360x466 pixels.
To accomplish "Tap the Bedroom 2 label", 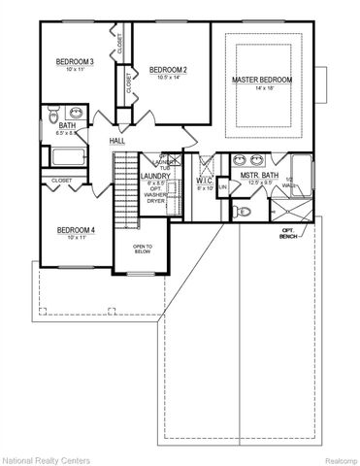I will [x=168, y=70].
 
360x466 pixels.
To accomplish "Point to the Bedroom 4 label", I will [x=75, y=230].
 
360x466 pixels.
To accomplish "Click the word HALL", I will [x=117, y=142].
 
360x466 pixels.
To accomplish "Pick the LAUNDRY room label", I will [x=155, y=176].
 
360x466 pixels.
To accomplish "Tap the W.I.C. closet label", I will [x=203, y=180].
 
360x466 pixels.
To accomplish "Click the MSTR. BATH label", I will [x=259, y=176].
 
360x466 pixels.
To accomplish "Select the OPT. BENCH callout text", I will [x=289, y=234].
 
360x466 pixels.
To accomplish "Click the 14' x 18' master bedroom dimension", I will [x=263, y=88].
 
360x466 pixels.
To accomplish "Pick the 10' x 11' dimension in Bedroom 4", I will [x=75, y=239].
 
